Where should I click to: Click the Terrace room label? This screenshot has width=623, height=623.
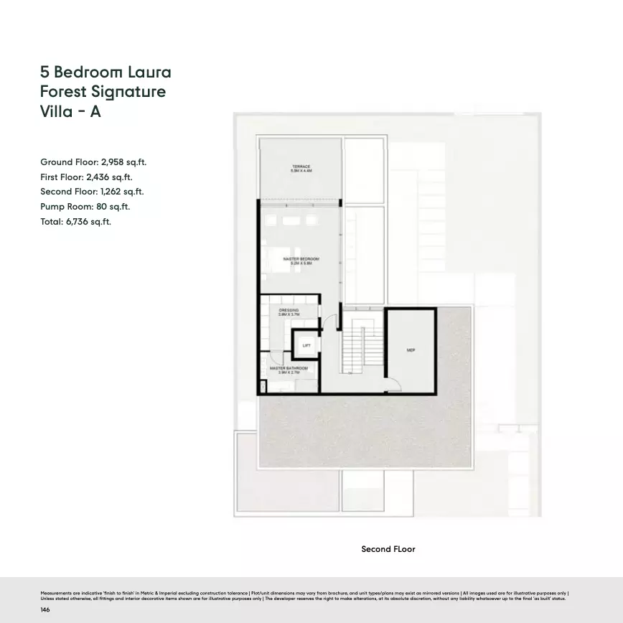click(300, 169)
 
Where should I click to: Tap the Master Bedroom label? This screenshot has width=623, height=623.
click(300, 261)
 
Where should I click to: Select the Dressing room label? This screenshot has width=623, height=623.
click(289, 312)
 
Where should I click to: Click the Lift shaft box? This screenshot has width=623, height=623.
click(306, 346)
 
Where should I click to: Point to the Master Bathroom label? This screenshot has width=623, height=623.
click(289, 370)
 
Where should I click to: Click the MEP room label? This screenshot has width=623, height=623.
click(411, 351)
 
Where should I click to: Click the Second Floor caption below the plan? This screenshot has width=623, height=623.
click(388, 549)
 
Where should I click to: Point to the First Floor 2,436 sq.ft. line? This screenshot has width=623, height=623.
click(86, 177)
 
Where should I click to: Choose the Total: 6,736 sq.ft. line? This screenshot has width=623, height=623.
click(75, 221)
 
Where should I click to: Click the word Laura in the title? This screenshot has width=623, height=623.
click(149, 72)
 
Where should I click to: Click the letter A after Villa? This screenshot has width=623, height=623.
click(95, 112)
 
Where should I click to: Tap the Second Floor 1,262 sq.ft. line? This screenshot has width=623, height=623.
click(92, 192)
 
